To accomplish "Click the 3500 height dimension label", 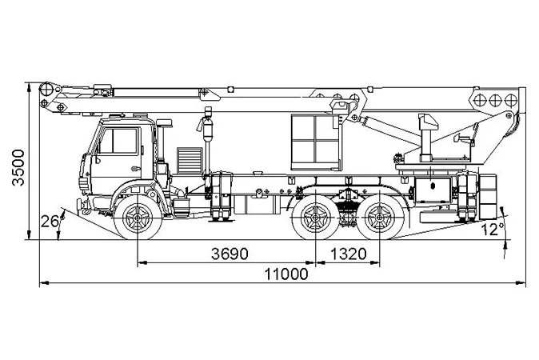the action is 18,167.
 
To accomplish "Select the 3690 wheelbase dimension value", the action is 230,254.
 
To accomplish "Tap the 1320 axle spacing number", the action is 349,254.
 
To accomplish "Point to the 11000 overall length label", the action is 286,274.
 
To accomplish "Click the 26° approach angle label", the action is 51,222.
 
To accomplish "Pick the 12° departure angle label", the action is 493,230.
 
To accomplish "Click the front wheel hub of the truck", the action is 138,218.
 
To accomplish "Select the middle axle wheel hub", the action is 316,218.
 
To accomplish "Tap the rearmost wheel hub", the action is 380,218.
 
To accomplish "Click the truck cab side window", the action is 118,141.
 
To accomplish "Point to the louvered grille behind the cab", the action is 190,161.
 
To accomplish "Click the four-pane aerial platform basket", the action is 316,142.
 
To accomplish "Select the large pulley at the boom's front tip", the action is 46,90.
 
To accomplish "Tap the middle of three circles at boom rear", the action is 495,101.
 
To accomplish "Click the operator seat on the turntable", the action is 428,136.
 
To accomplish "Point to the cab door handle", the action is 136,169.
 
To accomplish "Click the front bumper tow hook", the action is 80,206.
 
